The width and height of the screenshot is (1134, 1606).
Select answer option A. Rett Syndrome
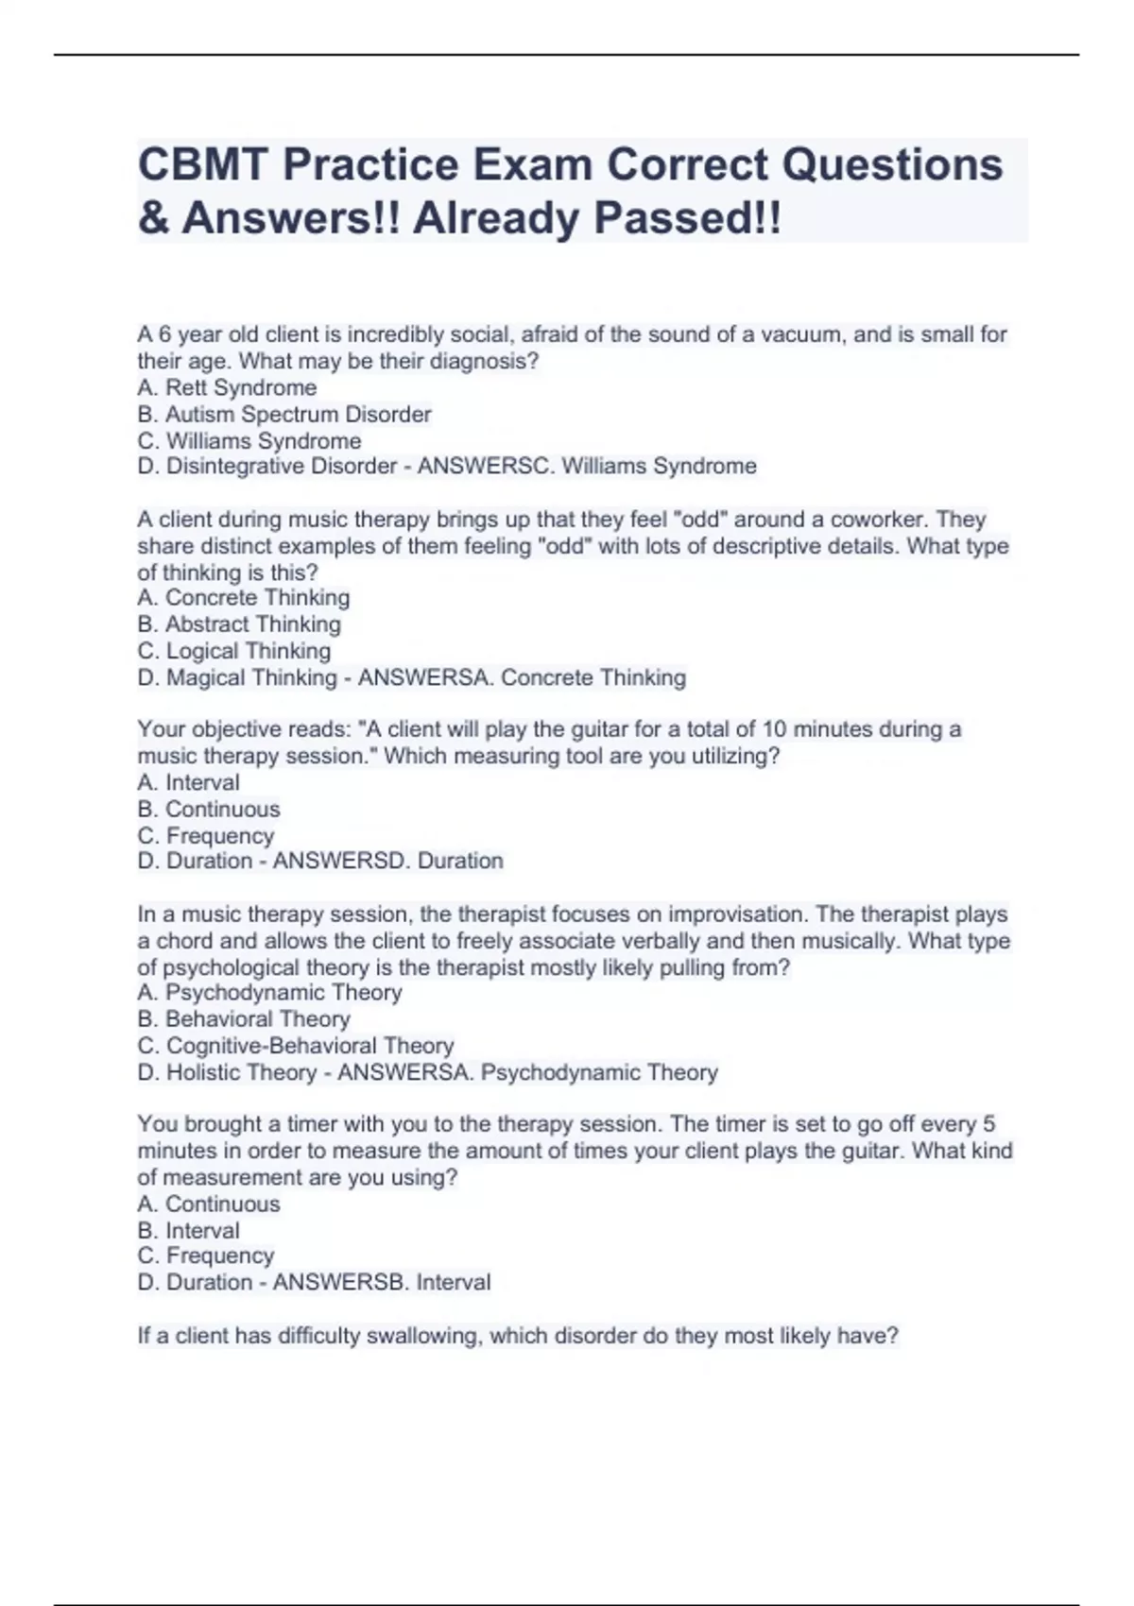[227, 387]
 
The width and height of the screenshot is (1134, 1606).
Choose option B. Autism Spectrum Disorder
[284, 414]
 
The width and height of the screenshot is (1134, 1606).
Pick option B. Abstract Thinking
[239, 624]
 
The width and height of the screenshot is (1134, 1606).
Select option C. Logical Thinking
[234, 650]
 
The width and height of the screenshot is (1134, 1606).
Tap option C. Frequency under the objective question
[206, 835]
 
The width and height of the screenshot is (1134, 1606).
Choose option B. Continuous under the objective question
[209, 809]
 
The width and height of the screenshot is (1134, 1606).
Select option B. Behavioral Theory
[244, 1018]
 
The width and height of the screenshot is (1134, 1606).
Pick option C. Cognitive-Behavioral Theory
[296, 1045]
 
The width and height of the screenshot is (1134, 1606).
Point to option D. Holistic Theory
[228, 1072]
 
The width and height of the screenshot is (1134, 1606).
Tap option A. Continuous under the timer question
[209, 1204]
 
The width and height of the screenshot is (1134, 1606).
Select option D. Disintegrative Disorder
[267, 466]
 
